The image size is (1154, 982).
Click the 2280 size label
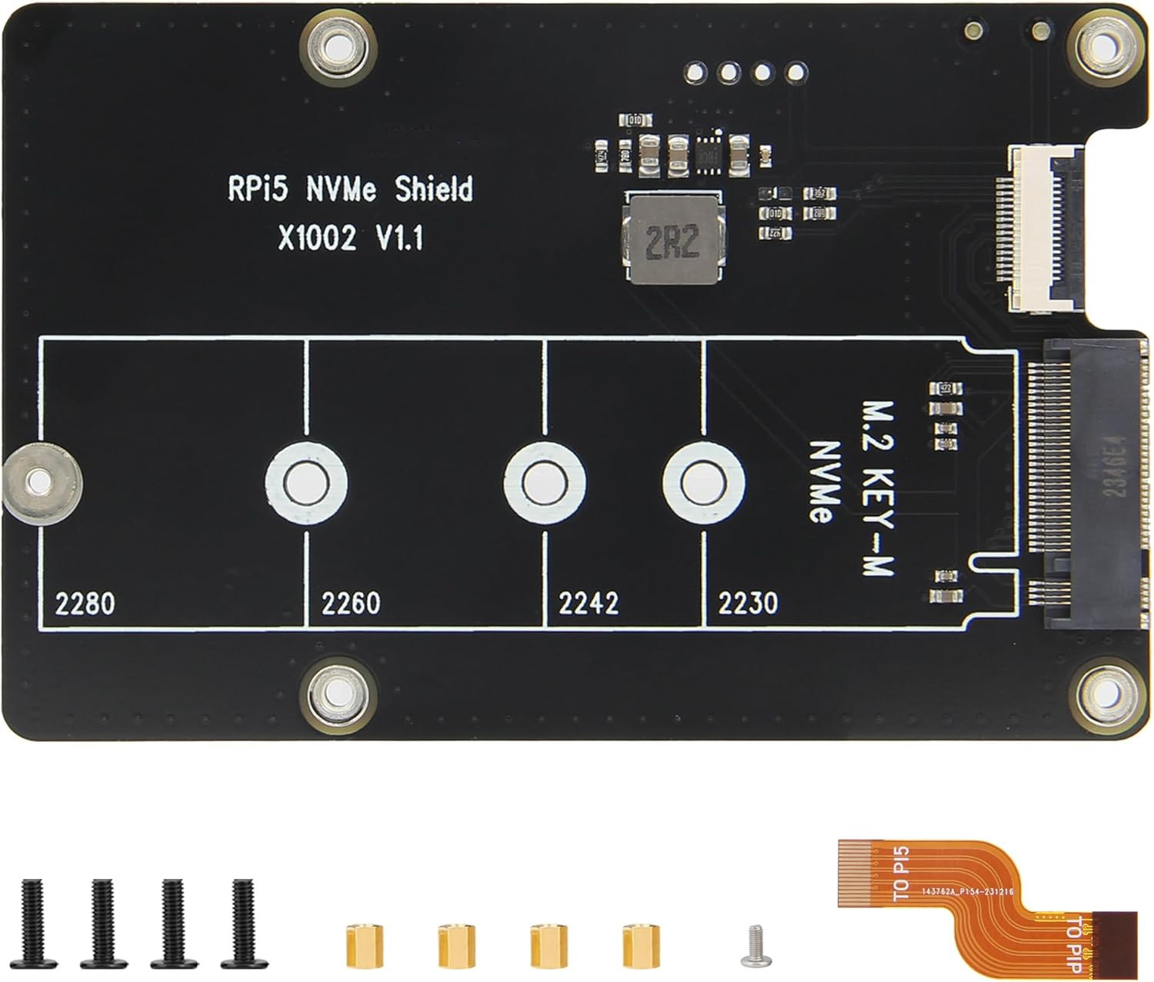(85, 604)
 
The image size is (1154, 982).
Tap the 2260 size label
(351, 604)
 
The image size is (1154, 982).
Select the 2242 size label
(589, 604)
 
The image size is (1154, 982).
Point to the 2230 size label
(748, 604)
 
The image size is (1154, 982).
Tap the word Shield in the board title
(434, 189)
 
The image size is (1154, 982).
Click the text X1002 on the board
(317, 238)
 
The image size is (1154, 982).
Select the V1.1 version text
(399, 238)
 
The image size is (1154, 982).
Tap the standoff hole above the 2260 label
(306, 483)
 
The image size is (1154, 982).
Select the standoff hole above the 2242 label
(545, 483)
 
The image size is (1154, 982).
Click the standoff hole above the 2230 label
(703, 483)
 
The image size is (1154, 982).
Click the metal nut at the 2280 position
(35, 483)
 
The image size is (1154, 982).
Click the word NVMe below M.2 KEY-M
(823, 482)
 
